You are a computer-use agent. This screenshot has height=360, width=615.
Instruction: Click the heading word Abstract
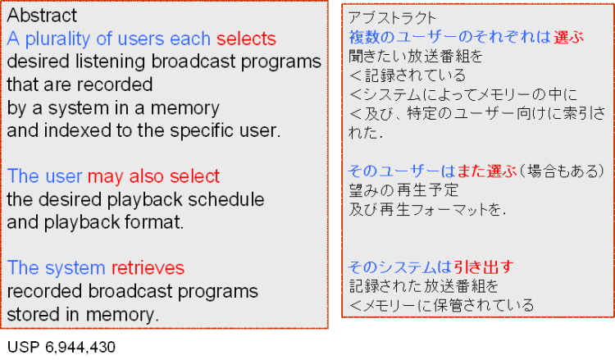tap(42, 16)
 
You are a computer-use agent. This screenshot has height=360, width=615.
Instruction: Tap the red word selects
tap(246, 39)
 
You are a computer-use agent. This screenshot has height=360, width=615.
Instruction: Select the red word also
tap(148, 176)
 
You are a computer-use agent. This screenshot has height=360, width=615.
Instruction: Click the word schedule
tap(226, 199)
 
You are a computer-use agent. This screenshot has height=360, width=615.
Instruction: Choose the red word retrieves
tap(148, 268)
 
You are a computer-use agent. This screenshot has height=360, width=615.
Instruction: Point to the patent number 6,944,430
tap(80, 347)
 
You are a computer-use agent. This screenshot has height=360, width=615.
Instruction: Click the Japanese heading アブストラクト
tap(392, 18)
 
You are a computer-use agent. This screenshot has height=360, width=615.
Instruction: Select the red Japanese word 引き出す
tap(483, 267)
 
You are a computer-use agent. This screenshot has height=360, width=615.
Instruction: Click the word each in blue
tap(190, 39)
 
